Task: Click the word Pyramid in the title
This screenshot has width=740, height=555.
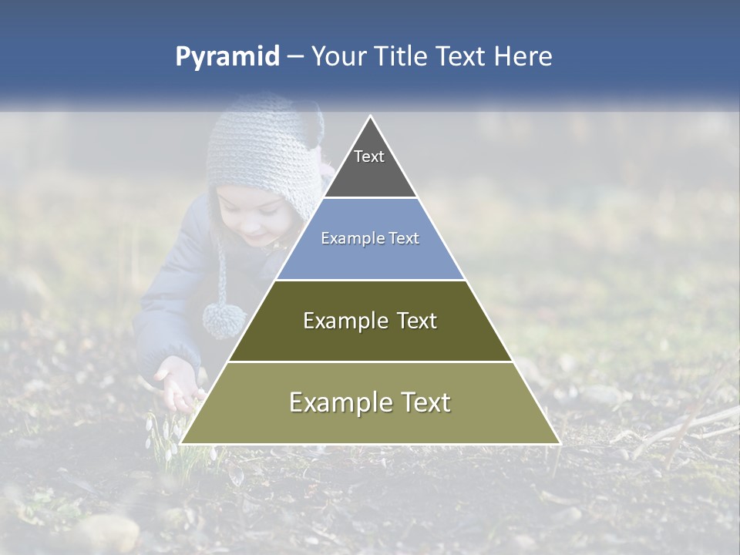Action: [x=227, y=57]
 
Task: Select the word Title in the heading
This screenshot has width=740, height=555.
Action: [x=398, y=57]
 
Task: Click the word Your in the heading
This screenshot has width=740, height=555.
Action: [x=340, y=57]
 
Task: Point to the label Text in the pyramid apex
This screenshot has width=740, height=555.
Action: [x=369, y=156]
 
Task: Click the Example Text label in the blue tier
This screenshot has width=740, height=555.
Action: [x=370, y=238]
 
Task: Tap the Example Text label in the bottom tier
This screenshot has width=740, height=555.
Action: [x=370, y=402]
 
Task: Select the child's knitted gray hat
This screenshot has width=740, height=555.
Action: [x=262, y=150]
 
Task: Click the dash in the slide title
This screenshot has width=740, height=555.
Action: [x=294, y=57]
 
